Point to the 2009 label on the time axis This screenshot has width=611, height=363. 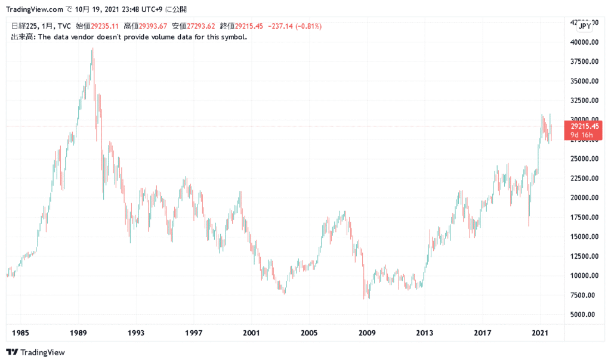click(366, 331)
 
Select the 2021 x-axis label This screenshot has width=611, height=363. click(540, 331)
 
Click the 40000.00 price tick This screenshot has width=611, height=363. click(583, 42)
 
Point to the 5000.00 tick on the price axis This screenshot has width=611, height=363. click(584, 315)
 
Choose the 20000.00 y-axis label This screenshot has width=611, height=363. click(583, 198)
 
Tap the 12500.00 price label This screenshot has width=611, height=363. click(583, 256)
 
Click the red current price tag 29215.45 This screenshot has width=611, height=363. click(585, 126)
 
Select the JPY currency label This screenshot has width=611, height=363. click(585, 26)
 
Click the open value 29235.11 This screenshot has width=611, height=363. click(105, 26)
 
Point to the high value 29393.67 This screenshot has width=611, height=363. click(152, 26)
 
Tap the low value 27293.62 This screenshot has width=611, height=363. click(200, 26)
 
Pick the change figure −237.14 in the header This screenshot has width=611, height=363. click(284, 26)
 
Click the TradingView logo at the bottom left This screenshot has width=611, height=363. click(35, 352)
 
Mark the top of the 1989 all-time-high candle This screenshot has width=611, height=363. click(92, 48)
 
